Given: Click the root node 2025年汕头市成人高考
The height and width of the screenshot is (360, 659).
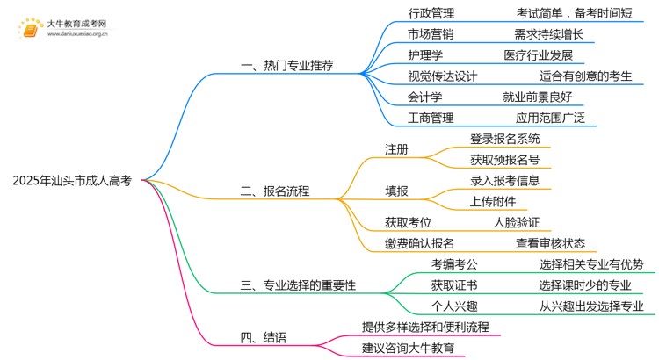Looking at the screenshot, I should pyautogui.click(x=72, y=181).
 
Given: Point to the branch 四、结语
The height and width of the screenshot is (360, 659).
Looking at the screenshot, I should pyautogui.click(x=263, y=337).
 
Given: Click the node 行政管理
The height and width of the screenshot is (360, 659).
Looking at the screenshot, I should pyautogui.click(x=431, y=13).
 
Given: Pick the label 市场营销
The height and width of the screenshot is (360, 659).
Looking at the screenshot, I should pyautogui.click(x=431, y=34).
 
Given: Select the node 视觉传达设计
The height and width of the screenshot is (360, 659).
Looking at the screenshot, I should pyautogui.click(x=443, y=76).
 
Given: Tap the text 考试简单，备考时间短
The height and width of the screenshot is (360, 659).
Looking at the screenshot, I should pyautogui.click(x=581, y=13).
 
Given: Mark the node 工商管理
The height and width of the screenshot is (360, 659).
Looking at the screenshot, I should pyautogui.click(x=431, y=117).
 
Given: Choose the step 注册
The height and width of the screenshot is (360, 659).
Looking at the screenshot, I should pyautogui.click(x=396, y=148).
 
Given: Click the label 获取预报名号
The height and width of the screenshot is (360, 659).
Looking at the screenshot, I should pyautogui.click(x=504, y=159).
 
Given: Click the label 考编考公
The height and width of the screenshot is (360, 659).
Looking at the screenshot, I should pyautogui.click(x=454, y=264).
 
